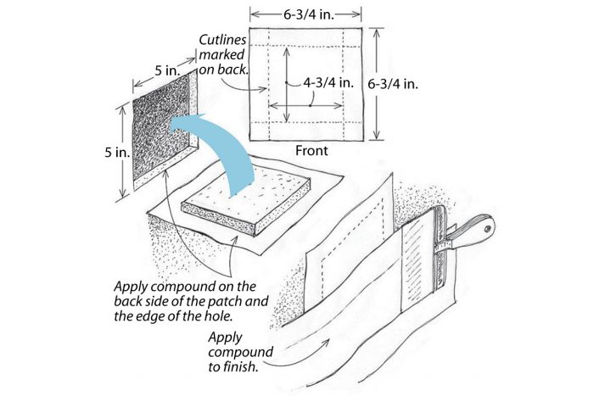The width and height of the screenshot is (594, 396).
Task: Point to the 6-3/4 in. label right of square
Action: [x=400, y=85]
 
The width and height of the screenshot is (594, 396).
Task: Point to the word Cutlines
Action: [x=223, y=40]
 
